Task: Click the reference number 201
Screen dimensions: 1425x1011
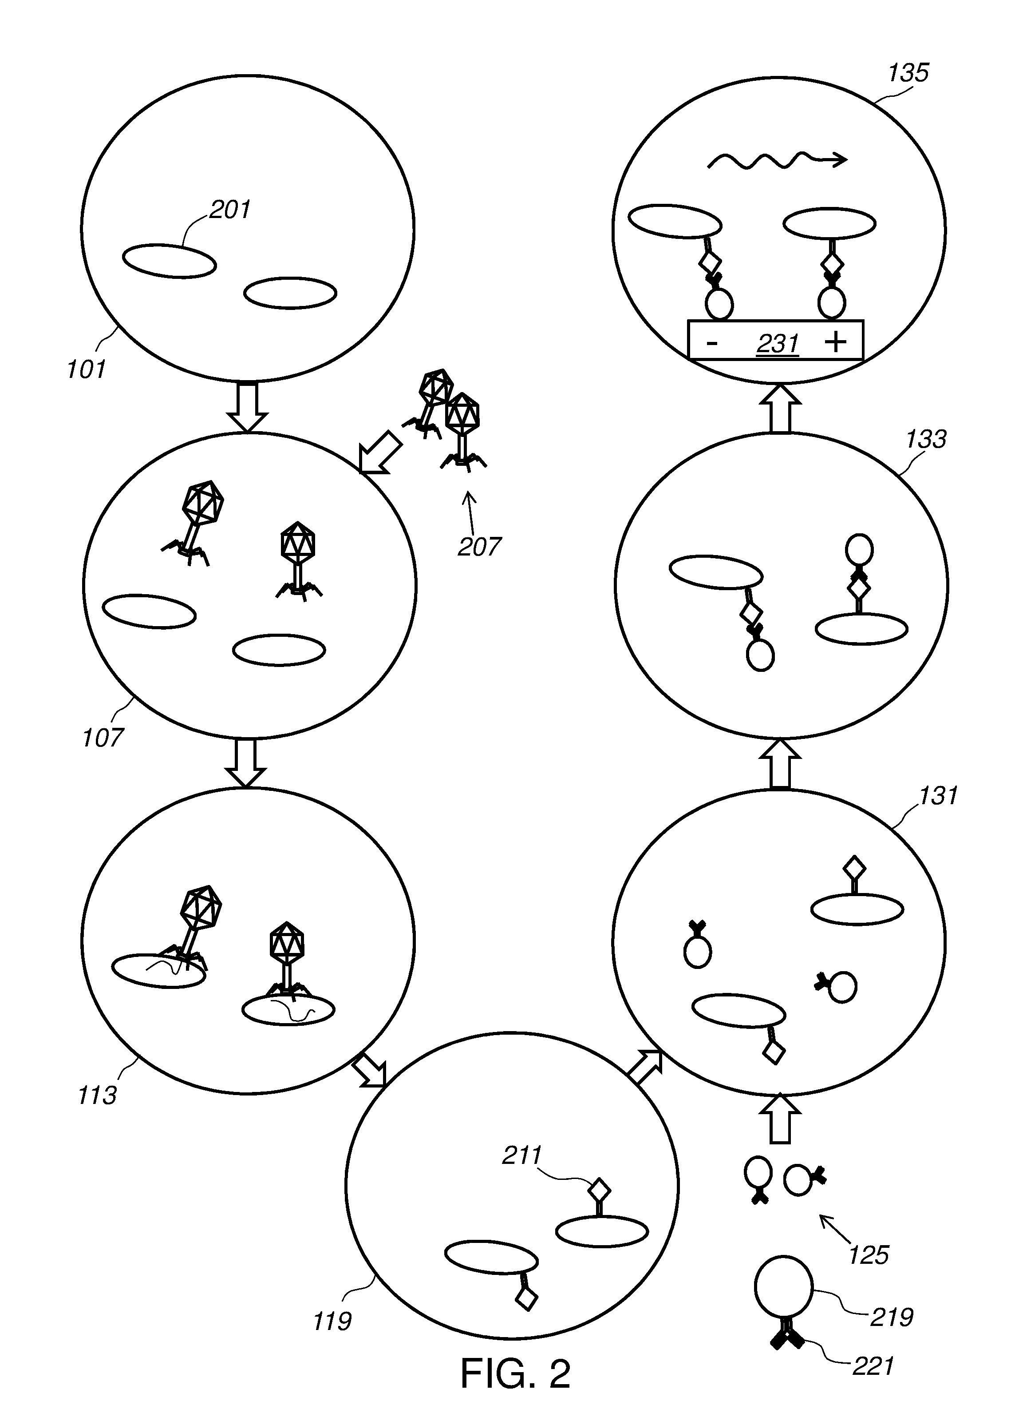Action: pos(230,210)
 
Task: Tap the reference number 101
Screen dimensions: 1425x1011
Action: pos(87,369)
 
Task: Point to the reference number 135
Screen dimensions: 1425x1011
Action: pos(908,73)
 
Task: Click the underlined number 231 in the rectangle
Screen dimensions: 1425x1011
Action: pos(778,344)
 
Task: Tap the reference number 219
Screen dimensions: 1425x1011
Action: pos(892,1317)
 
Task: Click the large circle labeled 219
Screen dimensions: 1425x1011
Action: pos(783,1286)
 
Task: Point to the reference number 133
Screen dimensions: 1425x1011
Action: pos(926,440)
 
